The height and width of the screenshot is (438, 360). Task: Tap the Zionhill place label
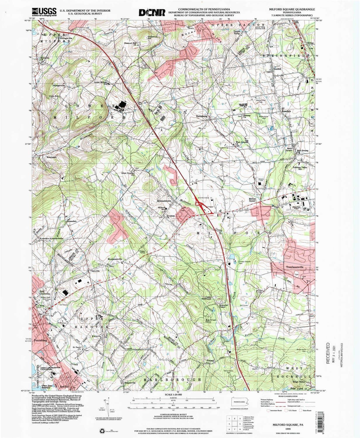coord(277,69)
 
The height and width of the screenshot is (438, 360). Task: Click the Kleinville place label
coord(96,336)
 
